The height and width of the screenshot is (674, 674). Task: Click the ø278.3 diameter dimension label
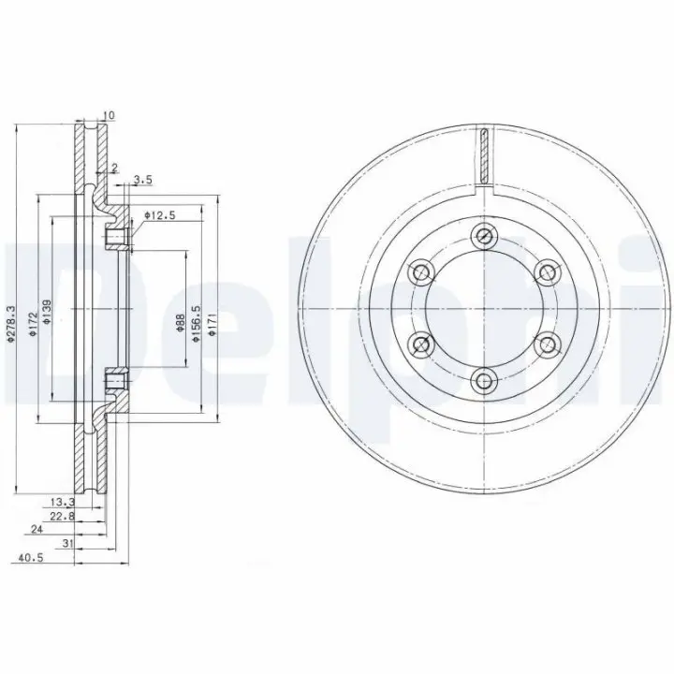tap(11, 324)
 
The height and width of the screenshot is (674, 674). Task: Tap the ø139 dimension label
tap(47, 311)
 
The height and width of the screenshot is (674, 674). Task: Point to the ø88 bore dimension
tap(180, 323)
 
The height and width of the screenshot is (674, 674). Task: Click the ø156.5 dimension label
tap(196, 323)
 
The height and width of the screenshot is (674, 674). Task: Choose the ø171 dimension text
tap(211, 324)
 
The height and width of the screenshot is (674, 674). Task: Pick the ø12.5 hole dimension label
tap(160, 215)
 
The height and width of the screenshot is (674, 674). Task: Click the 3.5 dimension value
tap(143, 180)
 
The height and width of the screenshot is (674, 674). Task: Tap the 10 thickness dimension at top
tap(109, 115)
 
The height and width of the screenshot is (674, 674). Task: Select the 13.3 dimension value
tap(63, 501)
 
